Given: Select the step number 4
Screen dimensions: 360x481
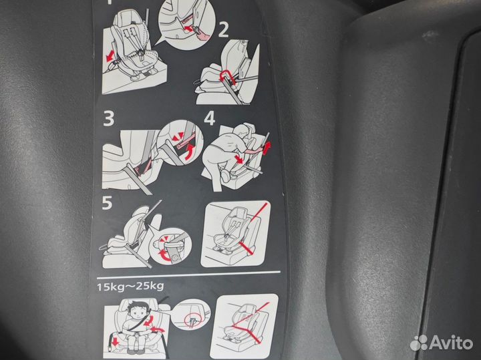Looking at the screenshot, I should pos(209,119).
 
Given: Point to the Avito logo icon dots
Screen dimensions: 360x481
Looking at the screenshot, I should pos(419,343).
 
